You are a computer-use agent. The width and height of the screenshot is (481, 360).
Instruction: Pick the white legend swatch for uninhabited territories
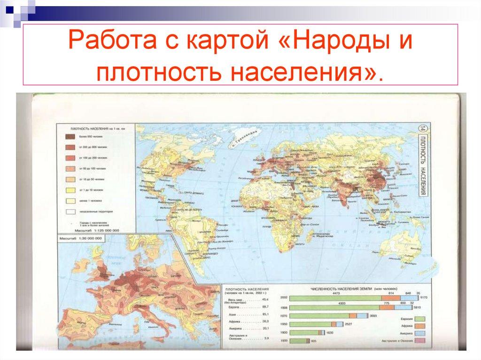(70, 212)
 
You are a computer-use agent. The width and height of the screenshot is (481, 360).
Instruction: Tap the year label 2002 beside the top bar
(283, 298)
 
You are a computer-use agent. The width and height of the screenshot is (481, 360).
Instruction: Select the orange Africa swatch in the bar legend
(420, 324)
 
